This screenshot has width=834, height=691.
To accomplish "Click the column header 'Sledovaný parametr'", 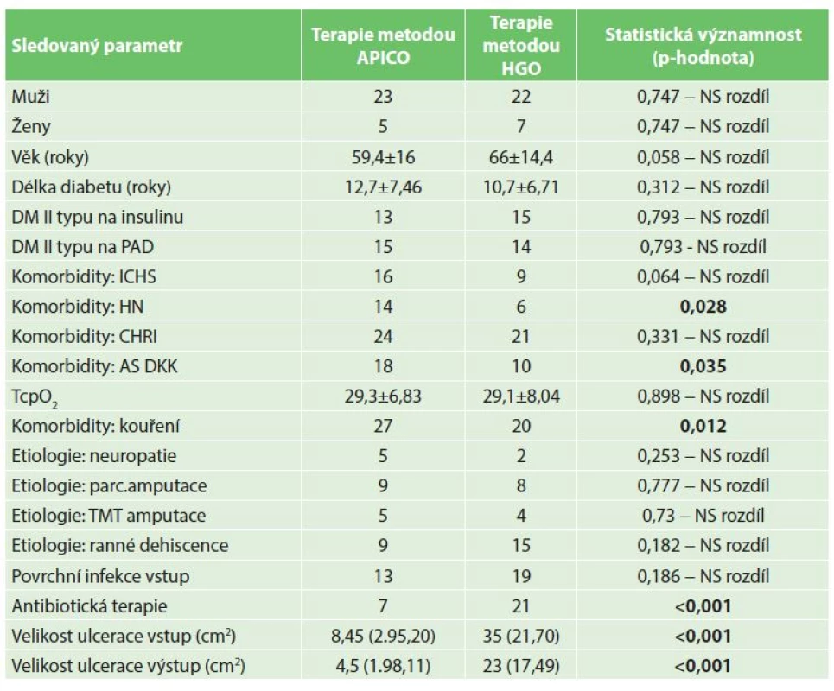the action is (97, 46).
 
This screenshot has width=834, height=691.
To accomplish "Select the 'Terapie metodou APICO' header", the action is (383, 46).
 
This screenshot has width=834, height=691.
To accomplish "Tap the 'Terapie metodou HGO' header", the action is (521, 46).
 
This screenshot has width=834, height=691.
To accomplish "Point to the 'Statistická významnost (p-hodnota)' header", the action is (703, 46).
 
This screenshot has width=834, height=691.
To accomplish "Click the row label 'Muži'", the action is (31, 96).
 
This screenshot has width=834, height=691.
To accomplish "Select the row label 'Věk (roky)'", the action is (50, 157).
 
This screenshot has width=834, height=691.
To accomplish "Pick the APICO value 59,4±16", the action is (383, 157).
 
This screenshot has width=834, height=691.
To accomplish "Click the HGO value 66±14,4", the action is (521, 157).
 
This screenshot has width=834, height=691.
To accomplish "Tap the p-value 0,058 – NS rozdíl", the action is (703, 157).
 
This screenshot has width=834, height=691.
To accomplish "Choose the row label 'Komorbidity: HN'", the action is (78, 306).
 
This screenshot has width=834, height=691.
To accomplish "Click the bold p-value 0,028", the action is (703, 307).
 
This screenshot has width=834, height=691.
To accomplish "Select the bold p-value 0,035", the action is (703, 366).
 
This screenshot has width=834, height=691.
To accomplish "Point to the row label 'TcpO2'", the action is (35, 397).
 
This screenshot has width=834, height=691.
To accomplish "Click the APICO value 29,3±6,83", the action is (383, 396).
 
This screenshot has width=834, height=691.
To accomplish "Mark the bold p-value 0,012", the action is (703, 426).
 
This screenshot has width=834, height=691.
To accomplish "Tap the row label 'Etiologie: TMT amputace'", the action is (109, 515).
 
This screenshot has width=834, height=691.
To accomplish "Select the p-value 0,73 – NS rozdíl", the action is (703, 515).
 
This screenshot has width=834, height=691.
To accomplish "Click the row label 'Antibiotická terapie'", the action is (89, 606).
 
